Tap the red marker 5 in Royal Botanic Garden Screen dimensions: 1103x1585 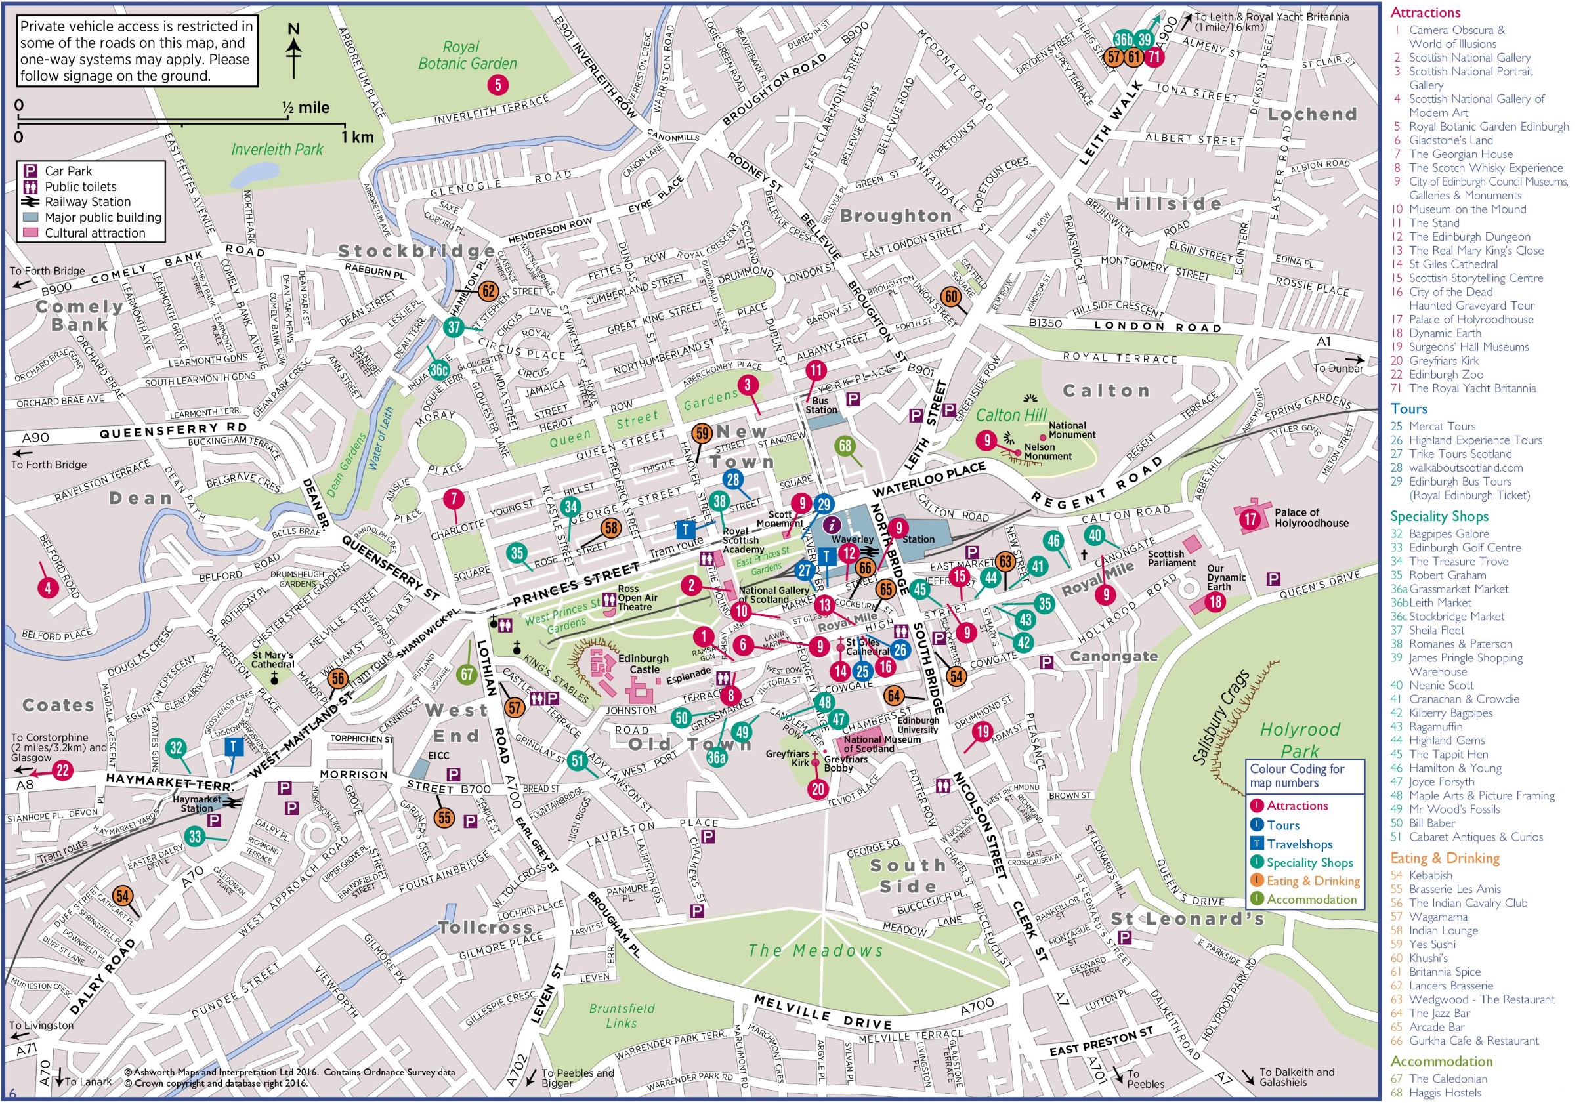tap(497, 85)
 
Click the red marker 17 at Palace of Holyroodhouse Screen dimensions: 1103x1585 tap(1251, 519)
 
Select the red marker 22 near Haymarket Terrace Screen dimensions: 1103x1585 tap(63, 770)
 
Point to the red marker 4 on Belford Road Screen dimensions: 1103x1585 tap(48, 588)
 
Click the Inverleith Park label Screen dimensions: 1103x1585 tap(277, 149)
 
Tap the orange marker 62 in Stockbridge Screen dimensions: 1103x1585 tap(488, 291)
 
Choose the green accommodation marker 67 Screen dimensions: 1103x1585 tap(467, 675)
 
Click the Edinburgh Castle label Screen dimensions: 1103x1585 tap(643, 664)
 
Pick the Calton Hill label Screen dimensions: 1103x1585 tap(1011, 415)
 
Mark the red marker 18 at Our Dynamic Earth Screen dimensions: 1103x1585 tap(1215, 601)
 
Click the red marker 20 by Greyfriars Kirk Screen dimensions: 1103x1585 tap(818, 789)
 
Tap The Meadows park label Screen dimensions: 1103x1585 tap(815, 951)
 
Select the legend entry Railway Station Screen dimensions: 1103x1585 tap(87, 201)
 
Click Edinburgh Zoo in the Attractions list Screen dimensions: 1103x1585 tap(1446, 374)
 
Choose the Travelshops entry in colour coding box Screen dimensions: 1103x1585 tap(1300, 843)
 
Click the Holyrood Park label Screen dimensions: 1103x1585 tap(1300, 739)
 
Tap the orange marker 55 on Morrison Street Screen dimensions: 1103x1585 tap(444, 818)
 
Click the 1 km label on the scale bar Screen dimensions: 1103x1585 tap(358, 136)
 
